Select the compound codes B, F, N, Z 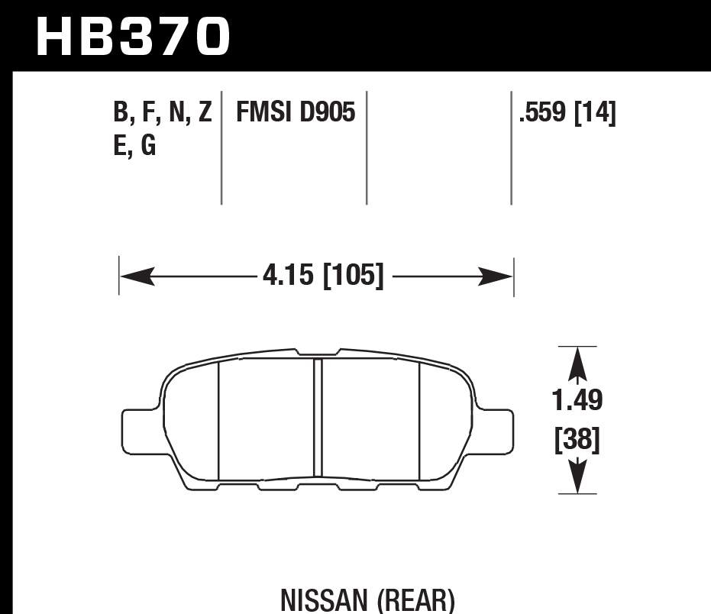click(x=162, y=114)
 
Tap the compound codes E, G click(x=134, y=145)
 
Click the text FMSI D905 click(x=295, y=114)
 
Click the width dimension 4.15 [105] click(x=322, y=275)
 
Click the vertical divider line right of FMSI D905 click(x=367, y=148)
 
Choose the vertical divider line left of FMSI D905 click(x=221, y=148)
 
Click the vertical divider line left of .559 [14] click(x=511, y=148)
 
